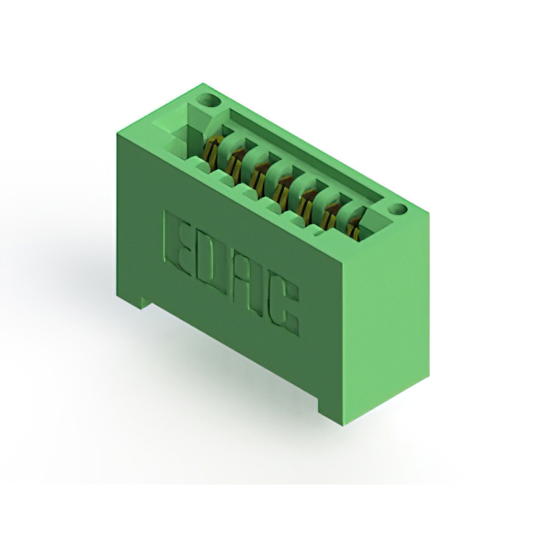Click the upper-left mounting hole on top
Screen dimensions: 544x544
(x=208, y=101)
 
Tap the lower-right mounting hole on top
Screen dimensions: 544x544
(x=398, y=209)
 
